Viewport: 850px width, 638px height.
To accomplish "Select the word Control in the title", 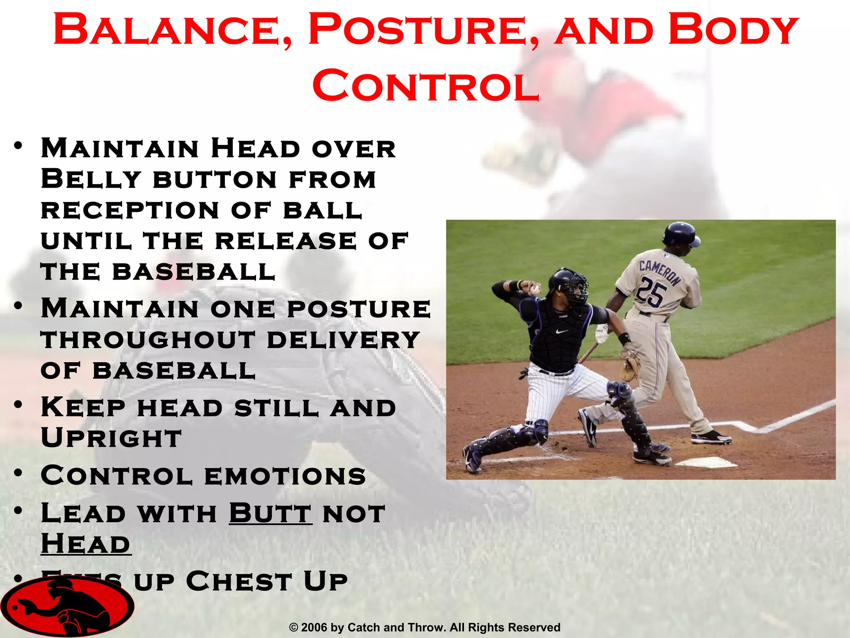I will (426, 86).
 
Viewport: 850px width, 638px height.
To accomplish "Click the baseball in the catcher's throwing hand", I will (536, 289).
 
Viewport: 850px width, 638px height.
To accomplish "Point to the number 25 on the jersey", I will (651, 292).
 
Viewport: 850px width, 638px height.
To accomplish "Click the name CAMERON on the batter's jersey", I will (659, 272).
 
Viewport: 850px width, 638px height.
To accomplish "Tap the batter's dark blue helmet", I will (681, 235).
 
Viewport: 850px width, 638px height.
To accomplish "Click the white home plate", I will (706, 462).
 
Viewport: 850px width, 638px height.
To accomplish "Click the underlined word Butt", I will (270, 513).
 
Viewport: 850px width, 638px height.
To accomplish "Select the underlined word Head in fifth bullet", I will (86, 544).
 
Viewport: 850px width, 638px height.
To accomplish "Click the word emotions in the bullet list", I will (285, 476).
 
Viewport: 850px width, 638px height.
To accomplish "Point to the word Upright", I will (111, 438).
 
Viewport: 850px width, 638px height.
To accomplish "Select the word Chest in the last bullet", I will (239, 581).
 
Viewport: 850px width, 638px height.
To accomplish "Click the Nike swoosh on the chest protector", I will (562, 331).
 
